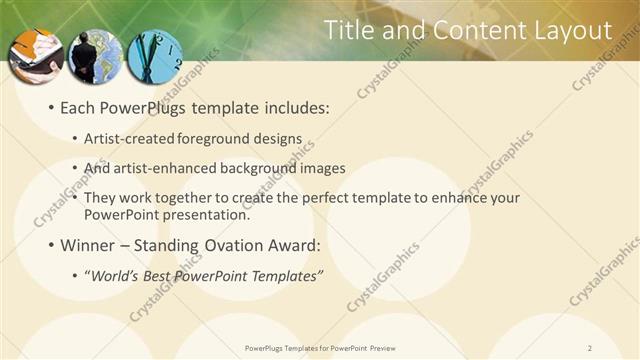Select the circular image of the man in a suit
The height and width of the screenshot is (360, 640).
(x=97, y=56)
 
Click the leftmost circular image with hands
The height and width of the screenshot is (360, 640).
(x=36, y=56)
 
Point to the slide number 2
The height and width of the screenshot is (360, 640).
(x=590, y=348)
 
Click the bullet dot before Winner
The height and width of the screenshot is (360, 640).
(x=51, y=245)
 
